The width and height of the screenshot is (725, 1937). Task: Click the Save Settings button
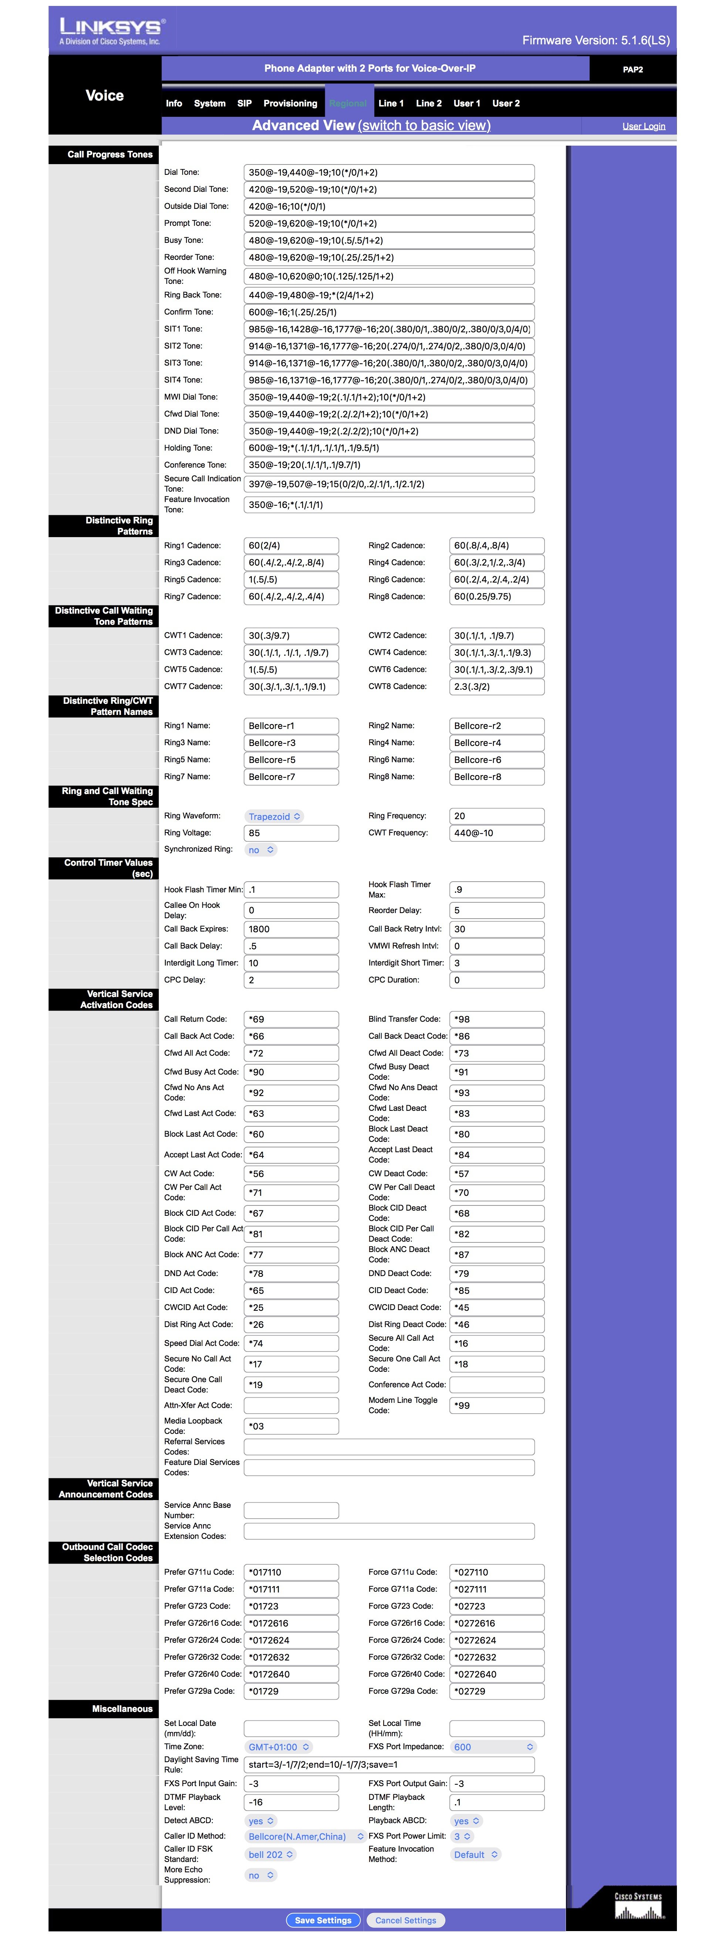323,1920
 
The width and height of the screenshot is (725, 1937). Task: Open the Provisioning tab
290,104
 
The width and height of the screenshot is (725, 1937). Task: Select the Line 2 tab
429,104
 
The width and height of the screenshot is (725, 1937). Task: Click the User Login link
643,126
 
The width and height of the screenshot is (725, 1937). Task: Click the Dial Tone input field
389,172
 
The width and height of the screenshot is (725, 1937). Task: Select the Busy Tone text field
389,241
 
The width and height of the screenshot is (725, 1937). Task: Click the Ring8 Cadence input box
496,597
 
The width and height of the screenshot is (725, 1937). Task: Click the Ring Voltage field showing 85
291,833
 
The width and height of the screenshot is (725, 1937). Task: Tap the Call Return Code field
291,1020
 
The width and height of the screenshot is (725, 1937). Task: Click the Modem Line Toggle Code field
496,1405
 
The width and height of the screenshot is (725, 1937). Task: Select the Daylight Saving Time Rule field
389,1765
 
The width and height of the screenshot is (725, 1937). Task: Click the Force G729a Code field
496,1691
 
